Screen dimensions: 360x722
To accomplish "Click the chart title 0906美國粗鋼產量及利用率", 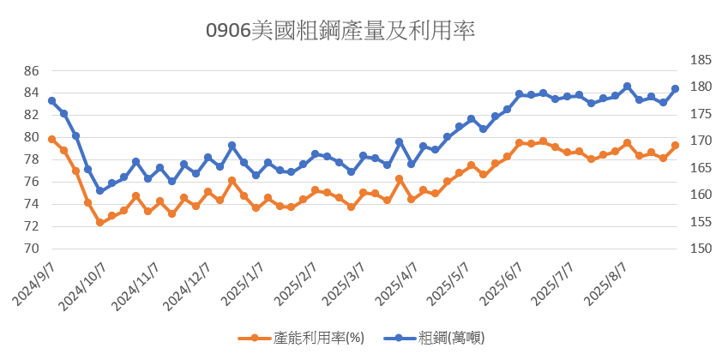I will point(340,31).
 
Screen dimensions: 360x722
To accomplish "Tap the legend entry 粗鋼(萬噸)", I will point(447,337).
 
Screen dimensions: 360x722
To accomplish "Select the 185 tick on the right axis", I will point(701,60).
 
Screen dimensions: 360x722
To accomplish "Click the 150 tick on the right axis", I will point(701,249).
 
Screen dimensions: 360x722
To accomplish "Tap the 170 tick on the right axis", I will point(701,141).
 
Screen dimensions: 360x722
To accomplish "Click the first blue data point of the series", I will point(51,101).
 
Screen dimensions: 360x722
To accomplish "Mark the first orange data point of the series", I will point(51,139).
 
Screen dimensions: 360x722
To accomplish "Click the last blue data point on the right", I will point(675,89).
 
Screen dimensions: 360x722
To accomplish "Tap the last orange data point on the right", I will point(675,146).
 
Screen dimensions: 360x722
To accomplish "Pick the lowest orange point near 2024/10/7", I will point(99,223).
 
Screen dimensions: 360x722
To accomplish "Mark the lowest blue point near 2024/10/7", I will point(99,190).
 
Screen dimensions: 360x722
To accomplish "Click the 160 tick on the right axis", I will point(701,195).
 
